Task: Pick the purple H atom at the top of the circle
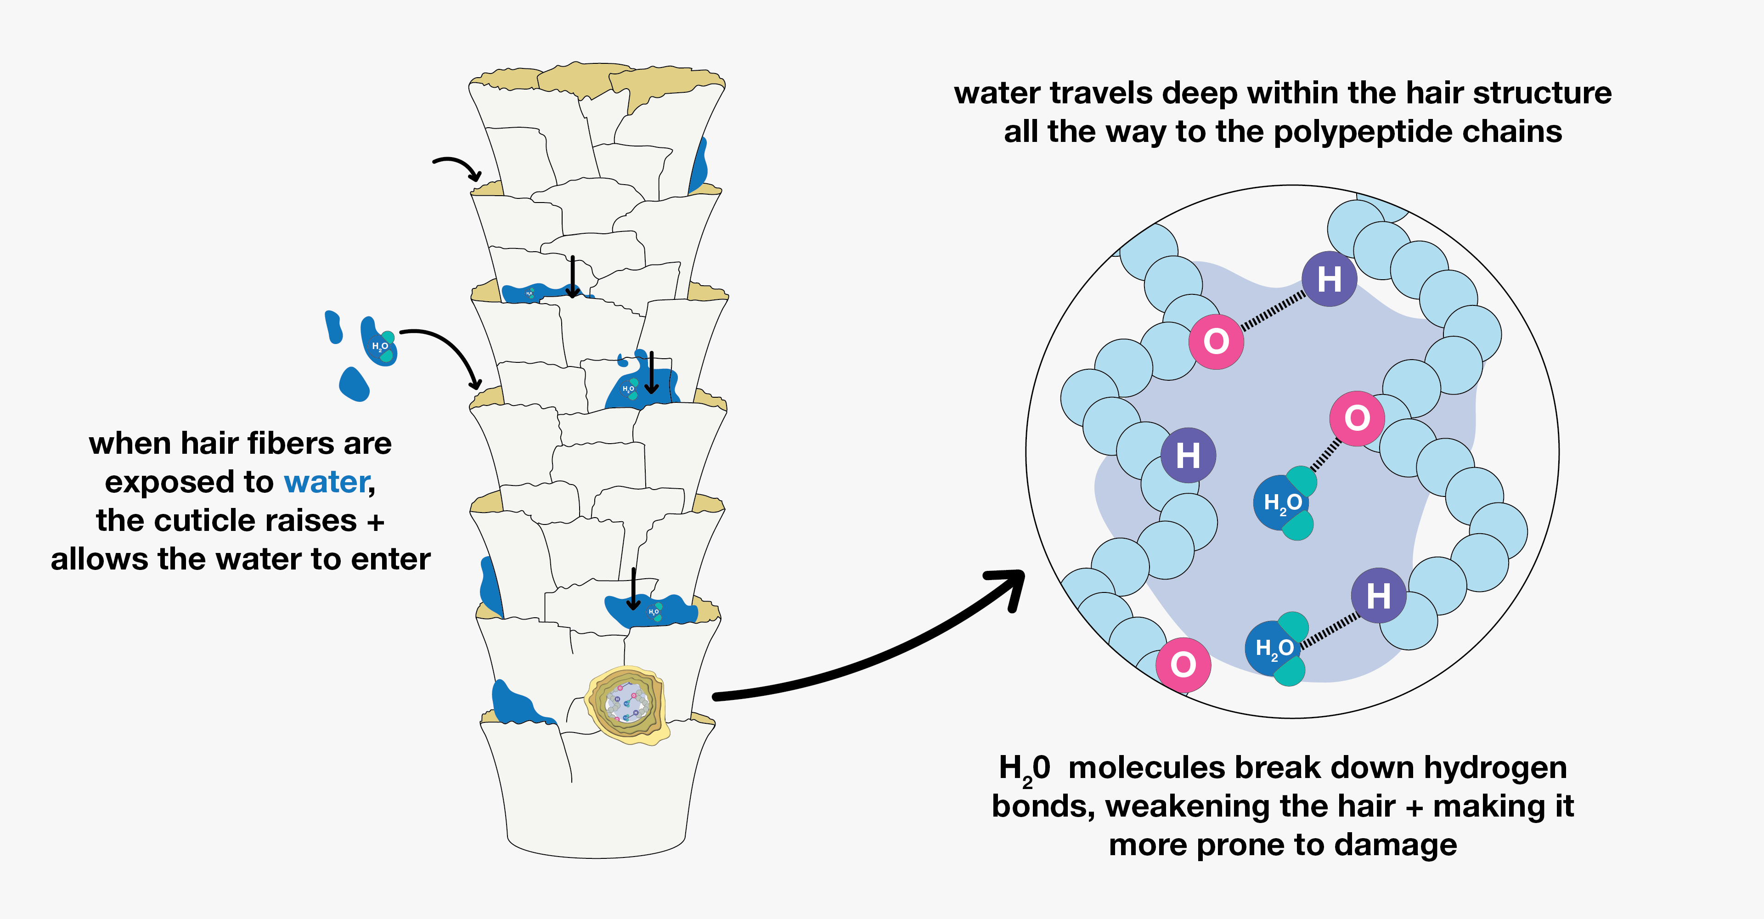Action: pos(1329,279)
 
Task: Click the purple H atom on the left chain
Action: pos(1188,456)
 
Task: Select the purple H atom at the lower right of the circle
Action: pos(1379,595)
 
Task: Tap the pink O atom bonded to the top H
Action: pos(1216,341)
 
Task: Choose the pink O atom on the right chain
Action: pos(1357,418)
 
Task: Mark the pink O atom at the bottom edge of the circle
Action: pos(1184,664)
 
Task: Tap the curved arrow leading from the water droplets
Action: pos(445,353)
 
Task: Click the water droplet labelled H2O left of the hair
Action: pos(379,343)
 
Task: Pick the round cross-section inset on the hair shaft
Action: pos(626,705)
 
